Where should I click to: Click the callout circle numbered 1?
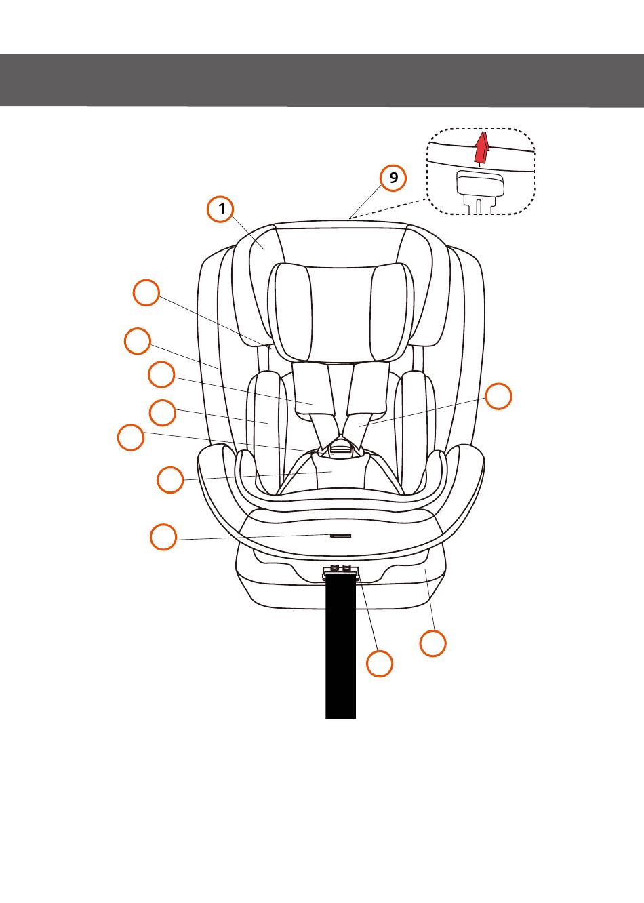pyautogui.click(x=221, y=209)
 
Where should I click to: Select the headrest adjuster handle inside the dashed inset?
pyautogui.click(x=480, y=184)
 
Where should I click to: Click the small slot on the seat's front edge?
pyautogui.click(x=340, y=535)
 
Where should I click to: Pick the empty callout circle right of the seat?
pyautogui.click(x=499, y=397)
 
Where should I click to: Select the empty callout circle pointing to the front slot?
pyautogui.click(x=163, y=537)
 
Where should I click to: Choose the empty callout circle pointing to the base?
pyautogui.click(x=433, y=643)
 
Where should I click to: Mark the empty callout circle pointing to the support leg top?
pyautogui.click(x=380, y=663)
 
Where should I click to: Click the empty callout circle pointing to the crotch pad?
pyautogui.click(x=170, y=480)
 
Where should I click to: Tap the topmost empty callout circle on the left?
pyautogui.click(x=146, y=293)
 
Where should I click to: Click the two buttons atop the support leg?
pyautogui.click(x=340, y=568)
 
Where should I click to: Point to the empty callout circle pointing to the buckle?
pyautogui.click(x=130, y=437)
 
